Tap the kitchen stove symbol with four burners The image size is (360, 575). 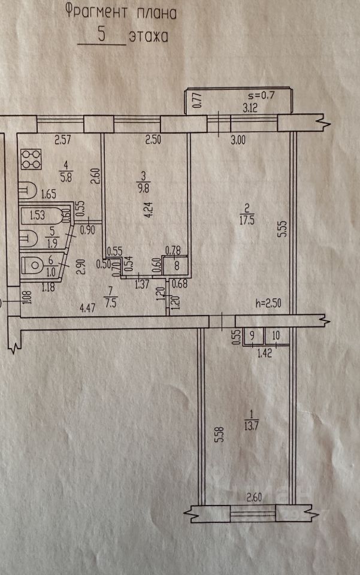[x=29, y=159]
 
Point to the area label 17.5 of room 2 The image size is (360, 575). [x=246, y=220]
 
